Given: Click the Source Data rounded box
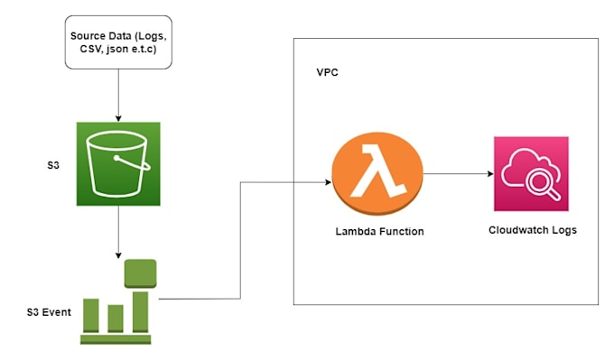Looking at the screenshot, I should point(117,42).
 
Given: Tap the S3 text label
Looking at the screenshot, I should point(54,168).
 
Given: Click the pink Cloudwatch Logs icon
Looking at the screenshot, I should point(531,174).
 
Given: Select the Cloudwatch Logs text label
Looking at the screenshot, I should point(533,230).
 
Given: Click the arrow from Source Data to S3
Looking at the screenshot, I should point(117,95).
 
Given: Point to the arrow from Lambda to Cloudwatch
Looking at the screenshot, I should point(456,174).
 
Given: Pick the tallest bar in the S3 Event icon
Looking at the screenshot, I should point(140,310).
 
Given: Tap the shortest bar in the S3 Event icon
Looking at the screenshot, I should point(115,318).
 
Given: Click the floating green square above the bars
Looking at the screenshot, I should point(140,272).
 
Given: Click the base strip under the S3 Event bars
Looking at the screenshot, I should point(116,339).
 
